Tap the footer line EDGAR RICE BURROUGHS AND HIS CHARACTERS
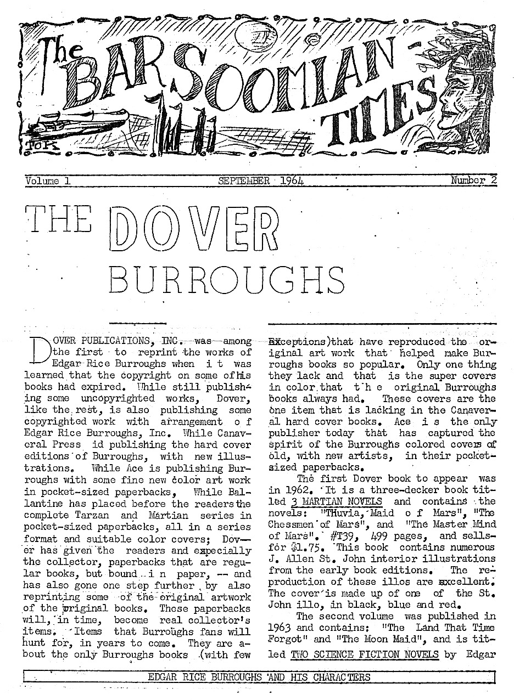click(x=259, y=677)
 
